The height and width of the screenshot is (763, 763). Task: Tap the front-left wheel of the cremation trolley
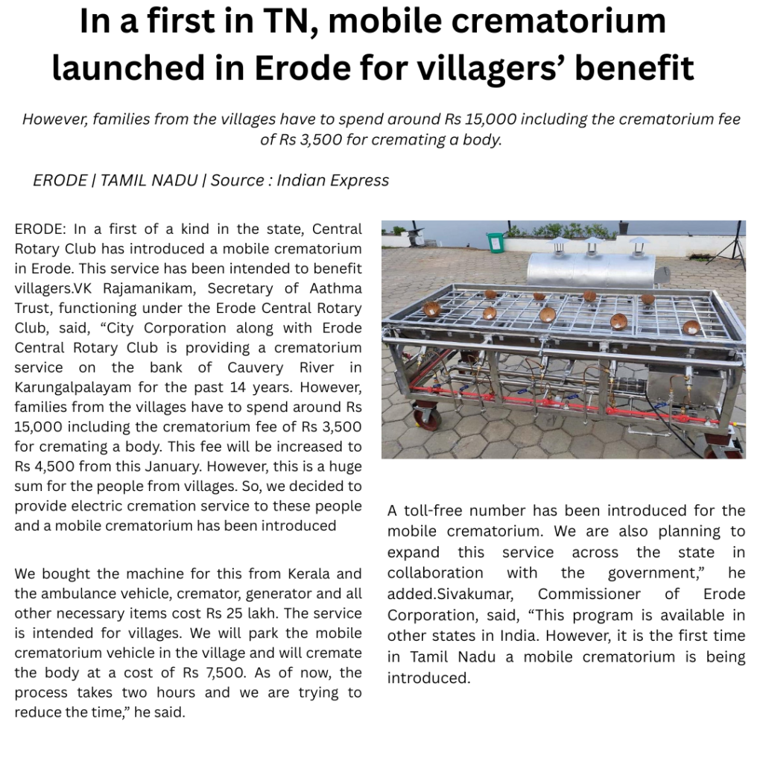click(x=426, y=416)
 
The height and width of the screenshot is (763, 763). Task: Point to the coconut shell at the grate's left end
click(x=431, y=307)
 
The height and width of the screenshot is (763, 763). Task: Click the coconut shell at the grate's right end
click(x=691, y=326)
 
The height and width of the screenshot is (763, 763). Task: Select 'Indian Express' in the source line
click(x=332, y=180)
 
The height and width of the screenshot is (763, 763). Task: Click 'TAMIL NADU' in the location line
click(x=148, y=180)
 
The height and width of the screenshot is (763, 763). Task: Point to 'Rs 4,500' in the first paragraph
click(x=44, y=466)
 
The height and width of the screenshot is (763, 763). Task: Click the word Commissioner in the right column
click(x=589, y=594)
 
